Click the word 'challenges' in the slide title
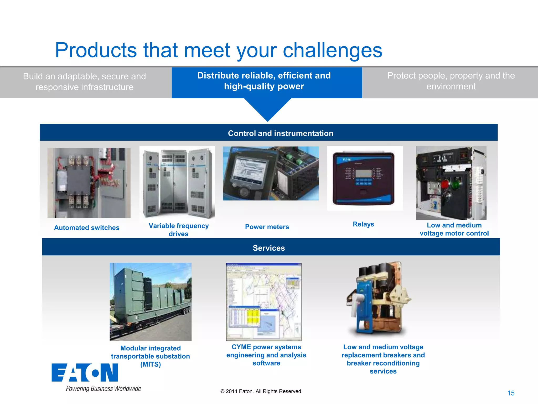pos(332,50)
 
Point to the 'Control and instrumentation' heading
pos(280,133)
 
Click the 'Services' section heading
pos(269,248)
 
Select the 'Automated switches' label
pos(87,228)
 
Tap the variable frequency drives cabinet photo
pos(177,183)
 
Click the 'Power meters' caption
pos(267,227)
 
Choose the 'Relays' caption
pos(363,224)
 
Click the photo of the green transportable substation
pos(151,302)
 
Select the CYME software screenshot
pos(264,302)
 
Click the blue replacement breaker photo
pos(378,299)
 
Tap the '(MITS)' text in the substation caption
pos(151,365)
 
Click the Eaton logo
pos(85,373)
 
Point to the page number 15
pos(511,393)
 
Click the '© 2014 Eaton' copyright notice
pos(261,391)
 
